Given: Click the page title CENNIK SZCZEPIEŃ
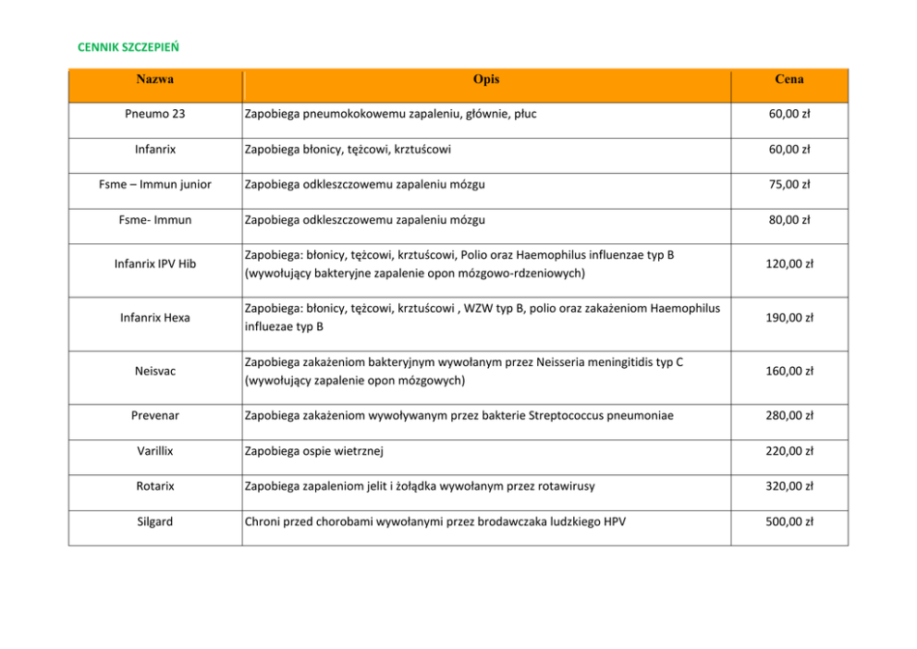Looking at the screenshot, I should [x=128, y=45].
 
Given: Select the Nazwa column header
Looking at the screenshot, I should [x=154, y=80].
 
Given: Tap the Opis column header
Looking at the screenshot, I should [x=486, y=80].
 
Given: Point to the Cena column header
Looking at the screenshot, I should [x=789, y=80].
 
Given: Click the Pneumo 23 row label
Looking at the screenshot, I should [x=154, y=114].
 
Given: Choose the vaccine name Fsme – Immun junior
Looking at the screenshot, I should [x=154, y=184].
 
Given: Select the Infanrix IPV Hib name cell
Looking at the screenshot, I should [x=154, y=263].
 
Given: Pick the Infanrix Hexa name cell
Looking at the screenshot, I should [x=154, y=317].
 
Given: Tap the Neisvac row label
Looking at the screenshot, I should [x=154, y=371].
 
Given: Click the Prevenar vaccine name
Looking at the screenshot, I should [x=154, y=415].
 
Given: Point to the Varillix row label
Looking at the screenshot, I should [x=154, y=451].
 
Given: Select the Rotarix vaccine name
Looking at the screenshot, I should [x=154, y=486].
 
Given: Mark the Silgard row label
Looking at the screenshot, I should [x=154, y=521].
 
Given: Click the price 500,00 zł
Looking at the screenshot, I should [x=789, y=521].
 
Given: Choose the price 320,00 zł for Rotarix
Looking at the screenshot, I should [x=789, y=486].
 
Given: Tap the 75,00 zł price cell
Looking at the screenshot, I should [x=789, y=184].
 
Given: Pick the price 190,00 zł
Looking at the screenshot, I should [x=789, y=317].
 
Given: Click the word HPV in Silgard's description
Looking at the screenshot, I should [x=614, y=521].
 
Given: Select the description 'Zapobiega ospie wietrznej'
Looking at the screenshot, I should [x=313, y=451].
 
